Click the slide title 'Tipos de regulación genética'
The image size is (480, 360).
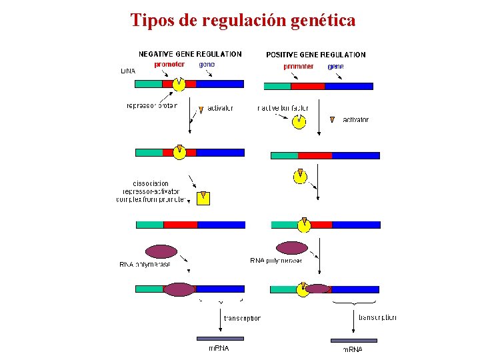click(243, 21)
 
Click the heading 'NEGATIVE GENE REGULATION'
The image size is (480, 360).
click(190, 54)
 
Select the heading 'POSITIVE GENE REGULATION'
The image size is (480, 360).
click(315, 55)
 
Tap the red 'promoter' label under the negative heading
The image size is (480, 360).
click(169, 65)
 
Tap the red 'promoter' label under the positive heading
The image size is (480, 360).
click(298, 67)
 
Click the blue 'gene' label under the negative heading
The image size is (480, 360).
click(207, 65)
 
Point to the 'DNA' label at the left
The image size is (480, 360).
click(127, 71)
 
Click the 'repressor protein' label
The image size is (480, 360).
click(152, 106)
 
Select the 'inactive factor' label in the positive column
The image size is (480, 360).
click(283, 108)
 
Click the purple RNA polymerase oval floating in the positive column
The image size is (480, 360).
click(292, 248)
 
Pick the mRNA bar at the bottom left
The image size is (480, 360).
click(220, 339)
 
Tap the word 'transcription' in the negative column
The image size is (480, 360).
click(241, 319)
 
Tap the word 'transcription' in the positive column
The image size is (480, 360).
click(377, 318)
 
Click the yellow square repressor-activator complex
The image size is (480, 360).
click(203, 198)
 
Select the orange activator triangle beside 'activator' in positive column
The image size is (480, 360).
click(333, 120)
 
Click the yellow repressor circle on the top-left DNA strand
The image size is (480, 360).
click(179, 85)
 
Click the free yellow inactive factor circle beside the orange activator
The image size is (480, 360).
click(299, 121)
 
